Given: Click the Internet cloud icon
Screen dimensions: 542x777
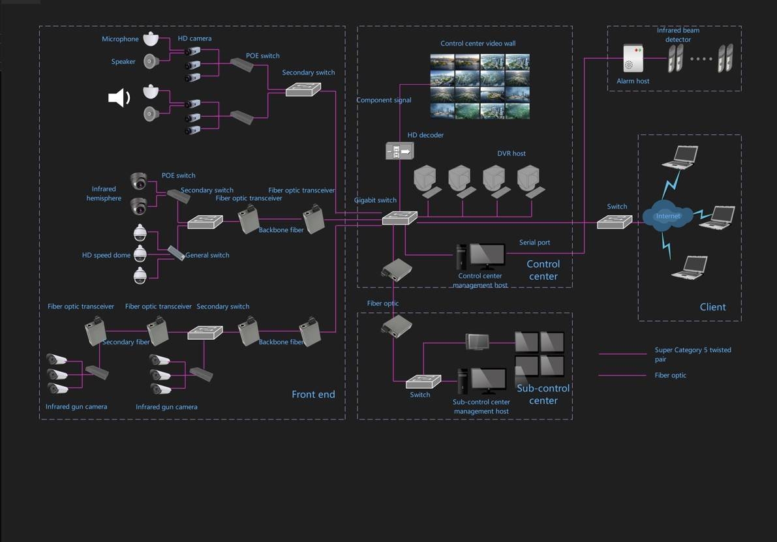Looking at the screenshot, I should (x=667, y=216).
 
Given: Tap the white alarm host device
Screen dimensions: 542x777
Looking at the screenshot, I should (x=633, y=59).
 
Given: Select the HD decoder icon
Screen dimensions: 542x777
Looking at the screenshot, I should (x=399, y=151).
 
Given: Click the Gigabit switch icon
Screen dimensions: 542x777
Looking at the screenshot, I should (x=399, y=218).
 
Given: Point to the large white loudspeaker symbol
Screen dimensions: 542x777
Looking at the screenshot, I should (x=119, y=98).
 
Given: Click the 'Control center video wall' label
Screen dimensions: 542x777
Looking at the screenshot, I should (x=478, y=44).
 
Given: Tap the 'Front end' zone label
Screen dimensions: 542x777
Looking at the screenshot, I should (x=313, y=394).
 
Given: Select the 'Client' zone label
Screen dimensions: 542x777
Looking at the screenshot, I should (x=712, y=307).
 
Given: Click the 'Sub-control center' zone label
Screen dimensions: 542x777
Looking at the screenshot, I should (x=543, y=394).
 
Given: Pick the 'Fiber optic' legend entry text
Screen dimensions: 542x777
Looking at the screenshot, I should (x=670, y=375).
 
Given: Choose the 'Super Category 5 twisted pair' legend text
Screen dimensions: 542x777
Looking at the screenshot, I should (x=692, y=354).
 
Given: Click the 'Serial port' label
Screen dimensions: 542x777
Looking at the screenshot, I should (x=534, y=243).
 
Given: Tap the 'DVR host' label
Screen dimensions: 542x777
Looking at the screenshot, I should (x=511, y=154).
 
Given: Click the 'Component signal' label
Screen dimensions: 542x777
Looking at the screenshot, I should (x=384, y=100).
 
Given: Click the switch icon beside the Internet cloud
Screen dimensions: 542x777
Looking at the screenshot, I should (x=615, y=222).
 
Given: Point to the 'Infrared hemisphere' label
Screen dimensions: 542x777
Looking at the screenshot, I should (x=104, y=194).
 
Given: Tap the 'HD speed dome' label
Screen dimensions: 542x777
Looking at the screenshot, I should (x=106, y=255).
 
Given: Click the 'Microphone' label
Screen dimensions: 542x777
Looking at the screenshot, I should (x=120, y=39).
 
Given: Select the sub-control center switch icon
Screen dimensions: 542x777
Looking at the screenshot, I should (x=423, y=382).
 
